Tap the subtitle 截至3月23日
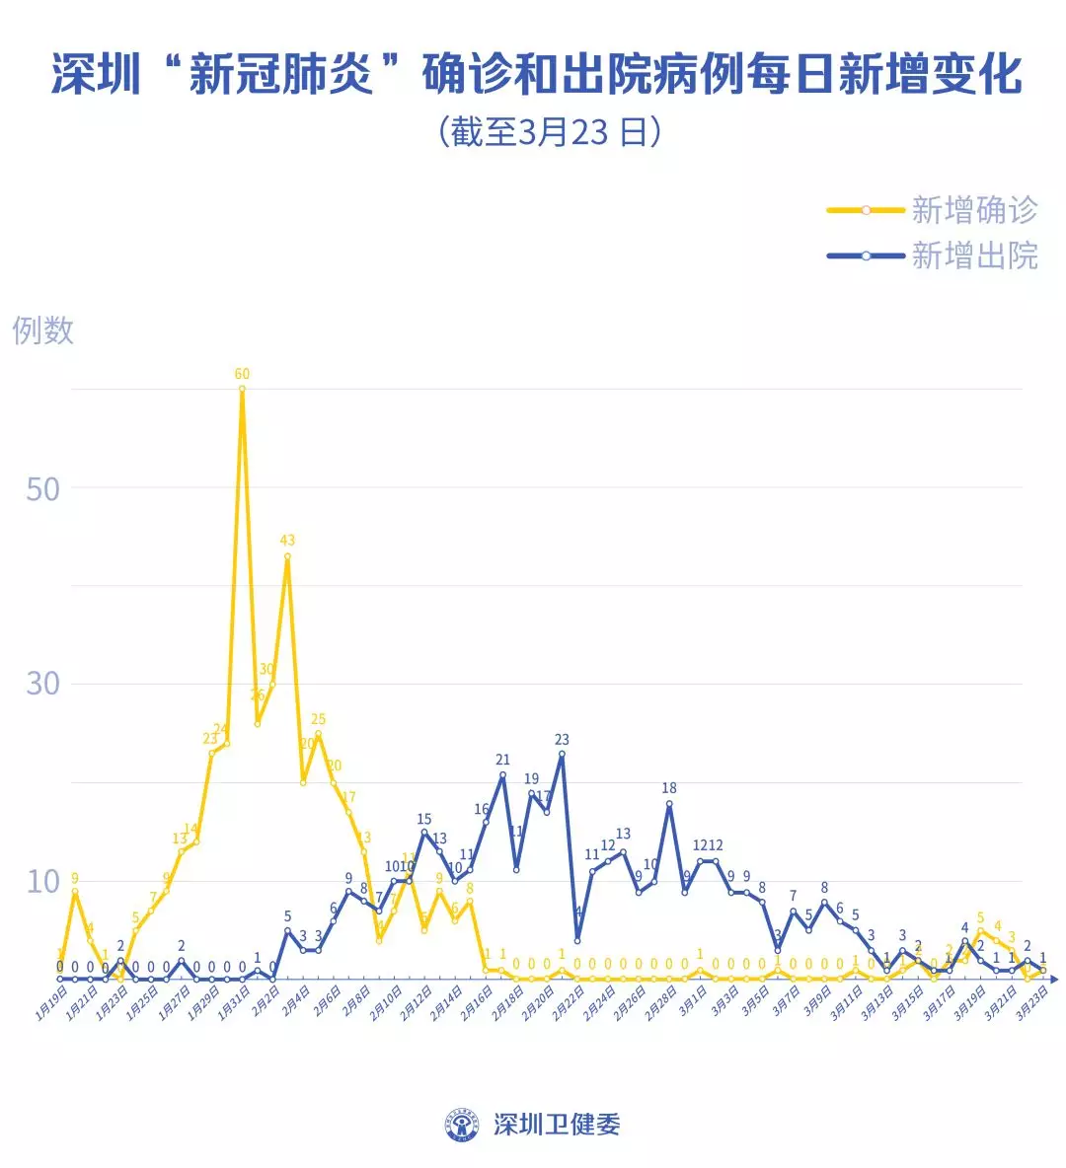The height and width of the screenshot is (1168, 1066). point(549,131)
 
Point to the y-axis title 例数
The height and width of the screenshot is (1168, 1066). point(42,330)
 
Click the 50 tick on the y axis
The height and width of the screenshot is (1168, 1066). point(42,489)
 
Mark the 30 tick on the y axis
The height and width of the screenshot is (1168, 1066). point(42,684)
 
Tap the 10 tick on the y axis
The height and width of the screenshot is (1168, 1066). point(42,881)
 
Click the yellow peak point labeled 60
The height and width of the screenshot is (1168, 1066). point(242,389)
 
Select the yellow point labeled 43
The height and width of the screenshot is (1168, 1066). point(287,556)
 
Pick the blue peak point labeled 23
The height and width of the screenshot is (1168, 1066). point(562,754)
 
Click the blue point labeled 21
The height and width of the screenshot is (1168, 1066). point(502,774)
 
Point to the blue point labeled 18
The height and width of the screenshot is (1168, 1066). point(669,803)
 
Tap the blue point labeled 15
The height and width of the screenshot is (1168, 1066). point(424,833)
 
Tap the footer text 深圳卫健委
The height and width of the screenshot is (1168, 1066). point(557,1125)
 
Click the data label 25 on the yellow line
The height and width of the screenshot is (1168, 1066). point(318,720)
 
